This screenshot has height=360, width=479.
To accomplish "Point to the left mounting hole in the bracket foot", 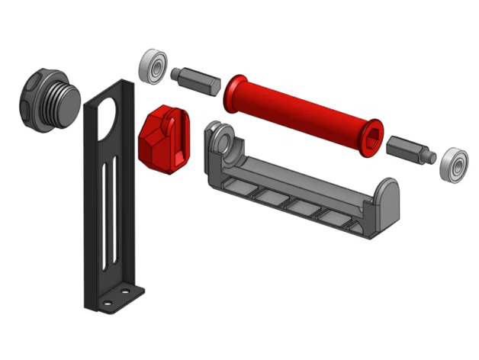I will pyautogui.click(x=108, y=301).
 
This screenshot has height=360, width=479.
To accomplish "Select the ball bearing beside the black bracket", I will pyautogui.click(x=153, y=66).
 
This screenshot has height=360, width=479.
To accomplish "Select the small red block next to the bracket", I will pyautogui.click(x=162, y=138).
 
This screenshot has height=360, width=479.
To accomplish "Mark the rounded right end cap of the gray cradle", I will pyautogui.click(x=388, y=197).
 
